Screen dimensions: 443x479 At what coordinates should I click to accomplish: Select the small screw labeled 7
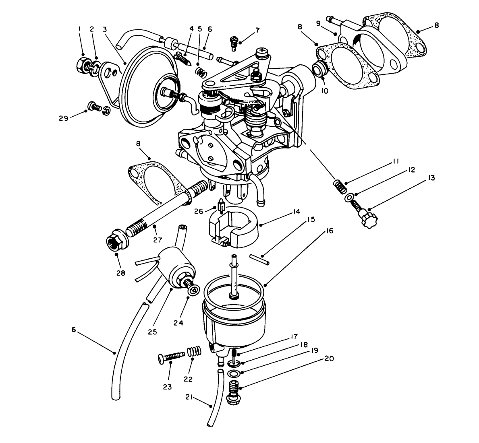pyautogui.click(x=232, y=41)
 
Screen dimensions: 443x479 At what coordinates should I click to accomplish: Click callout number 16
pyautogui.click(x=329, y=231)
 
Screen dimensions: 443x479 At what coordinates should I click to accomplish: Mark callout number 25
pyautogui.click(x=152, y=332)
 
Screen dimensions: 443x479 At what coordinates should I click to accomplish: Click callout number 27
pyautogui.click(x=157, y=240)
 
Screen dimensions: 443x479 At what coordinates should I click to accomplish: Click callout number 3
pyautogui.click(x=105, y=29)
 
